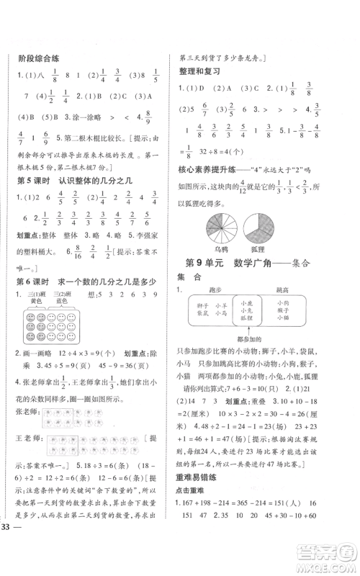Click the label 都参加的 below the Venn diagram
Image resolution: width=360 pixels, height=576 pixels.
(x=247, y=338)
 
